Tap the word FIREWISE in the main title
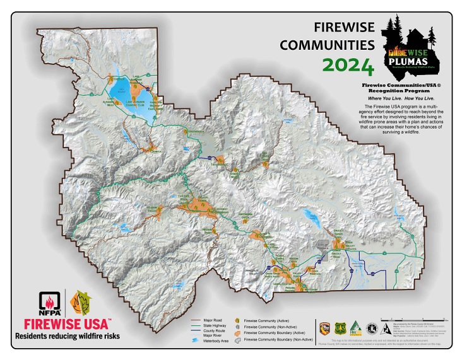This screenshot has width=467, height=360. pyautogui.click(x=341, y=27)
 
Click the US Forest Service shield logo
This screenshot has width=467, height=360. pyautogui.click(x=343, y=327)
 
